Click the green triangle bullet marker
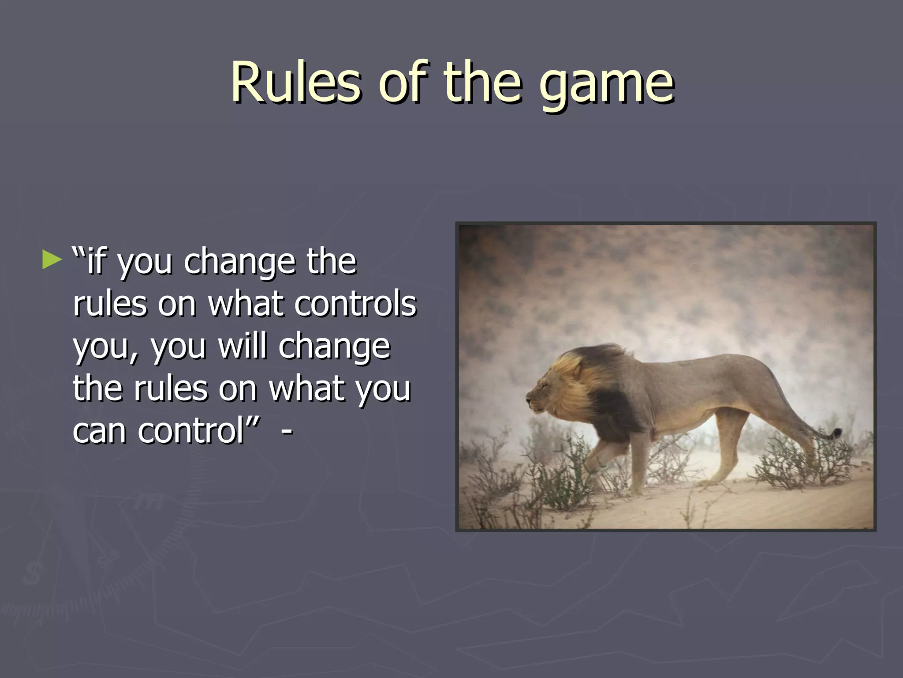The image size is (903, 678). pos(52,260)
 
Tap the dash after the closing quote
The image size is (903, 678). pos(287,430)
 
